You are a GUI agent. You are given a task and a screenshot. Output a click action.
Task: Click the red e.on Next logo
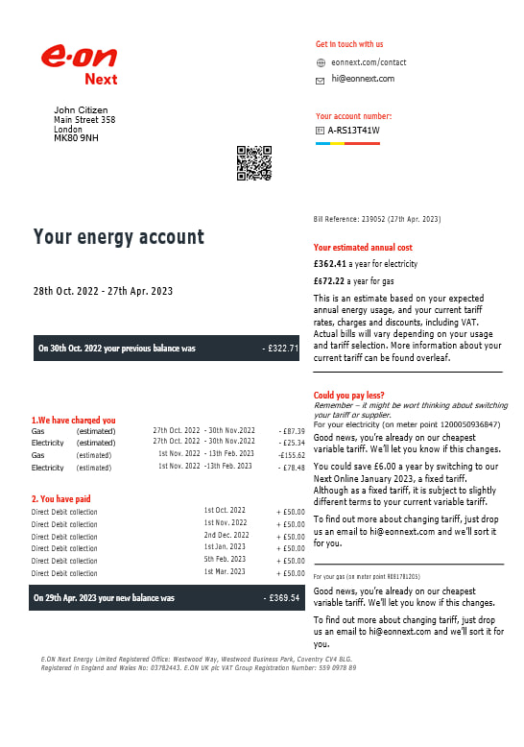click(79, 63)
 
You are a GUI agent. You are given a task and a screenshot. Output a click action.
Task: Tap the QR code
click(254, 163)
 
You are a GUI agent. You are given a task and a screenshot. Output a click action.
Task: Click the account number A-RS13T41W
click(353, 131)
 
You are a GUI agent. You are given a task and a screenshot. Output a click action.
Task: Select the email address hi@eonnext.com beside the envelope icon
click(363, 79)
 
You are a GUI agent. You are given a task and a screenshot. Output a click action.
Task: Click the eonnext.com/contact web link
click(369, 62)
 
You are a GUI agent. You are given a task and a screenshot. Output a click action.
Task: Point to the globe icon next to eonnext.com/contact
click(321, 62)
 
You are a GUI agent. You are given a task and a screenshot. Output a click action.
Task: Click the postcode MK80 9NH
click(76, 138)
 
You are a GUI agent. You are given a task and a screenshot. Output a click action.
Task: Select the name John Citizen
click(81, 110)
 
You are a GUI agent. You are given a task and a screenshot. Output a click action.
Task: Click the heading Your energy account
click(119, 237)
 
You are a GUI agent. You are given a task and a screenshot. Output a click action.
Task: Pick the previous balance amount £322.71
click(281, 349)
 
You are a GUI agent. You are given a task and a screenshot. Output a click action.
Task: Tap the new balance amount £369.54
click(282, 598)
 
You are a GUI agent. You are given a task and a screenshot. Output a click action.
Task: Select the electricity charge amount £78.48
click(292, 467)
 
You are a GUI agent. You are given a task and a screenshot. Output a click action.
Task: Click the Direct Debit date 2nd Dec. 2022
click(226, 535)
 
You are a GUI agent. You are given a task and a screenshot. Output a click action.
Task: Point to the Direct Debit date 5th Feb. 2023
click(226, 560)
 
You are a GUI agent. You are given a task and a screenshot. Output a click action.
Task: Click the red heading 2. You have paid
click(62, 498)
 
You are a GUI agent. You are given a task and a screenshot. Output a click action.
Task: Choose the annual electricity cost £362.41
click(329, 262)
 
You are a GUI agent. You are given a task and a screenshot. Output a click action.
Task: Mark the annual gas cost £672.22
click(329, 281)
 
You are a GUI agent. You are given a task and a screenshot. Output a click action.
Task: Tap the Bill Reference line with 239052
click(376, 220)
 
